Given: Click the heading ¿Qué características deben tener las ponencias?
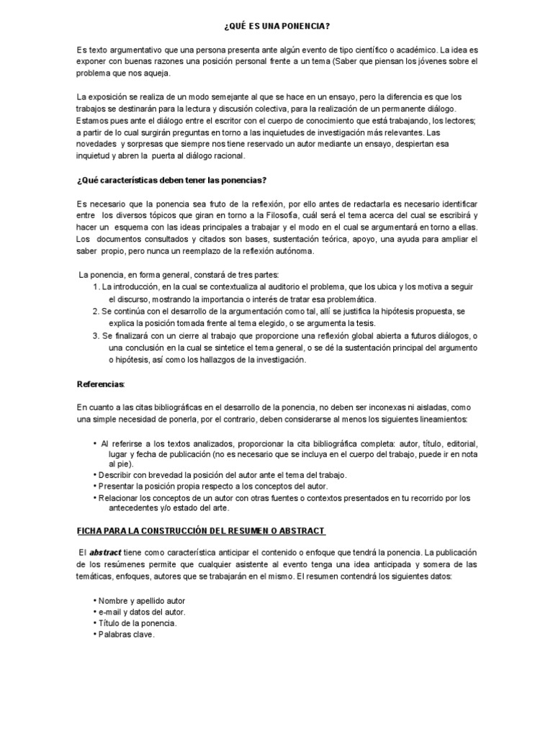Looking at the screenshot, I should click(x=172, y=179).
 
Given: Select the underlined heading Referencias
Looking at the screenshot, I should click(x=100, y=384).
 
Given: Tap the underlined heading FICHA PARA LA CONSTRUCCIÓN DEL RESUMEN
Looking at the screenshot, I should click(x=201, y=530).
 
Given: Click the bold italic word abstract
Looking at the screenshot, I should click(x=106, y=551).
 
